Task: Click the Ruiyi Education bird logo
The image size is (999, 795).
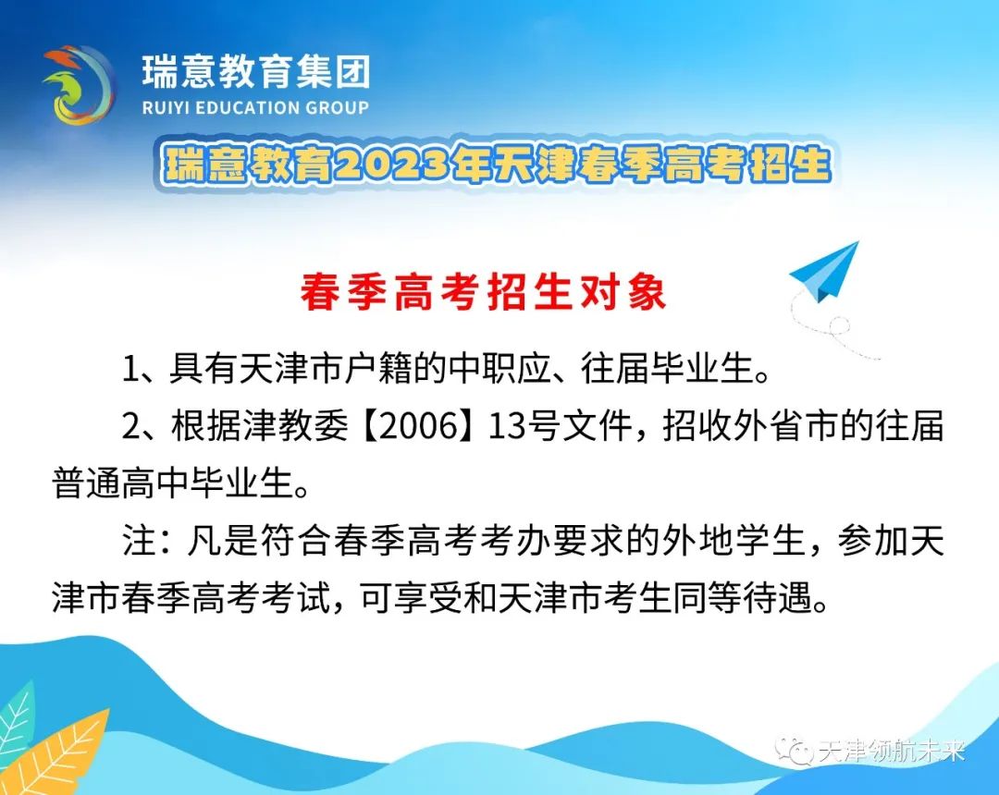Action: click(x=79, y=85)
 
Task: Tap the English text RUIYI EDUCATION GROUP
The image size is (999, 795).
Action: click(x=255, y=107)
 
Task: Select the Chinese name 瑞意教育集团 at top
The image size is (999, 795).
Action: click(x=255, y=71)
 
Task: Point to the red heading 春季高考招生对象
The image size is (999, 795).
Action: click(x=484, y=292)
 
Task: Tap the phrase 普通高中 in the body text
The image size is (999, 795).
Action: click(x=121, y=483)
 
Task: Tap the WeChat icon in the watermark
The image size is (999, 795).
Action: click(x=794, y=751)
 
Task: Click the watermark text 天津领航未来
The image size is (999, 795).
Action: click(x=892, y=752)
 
